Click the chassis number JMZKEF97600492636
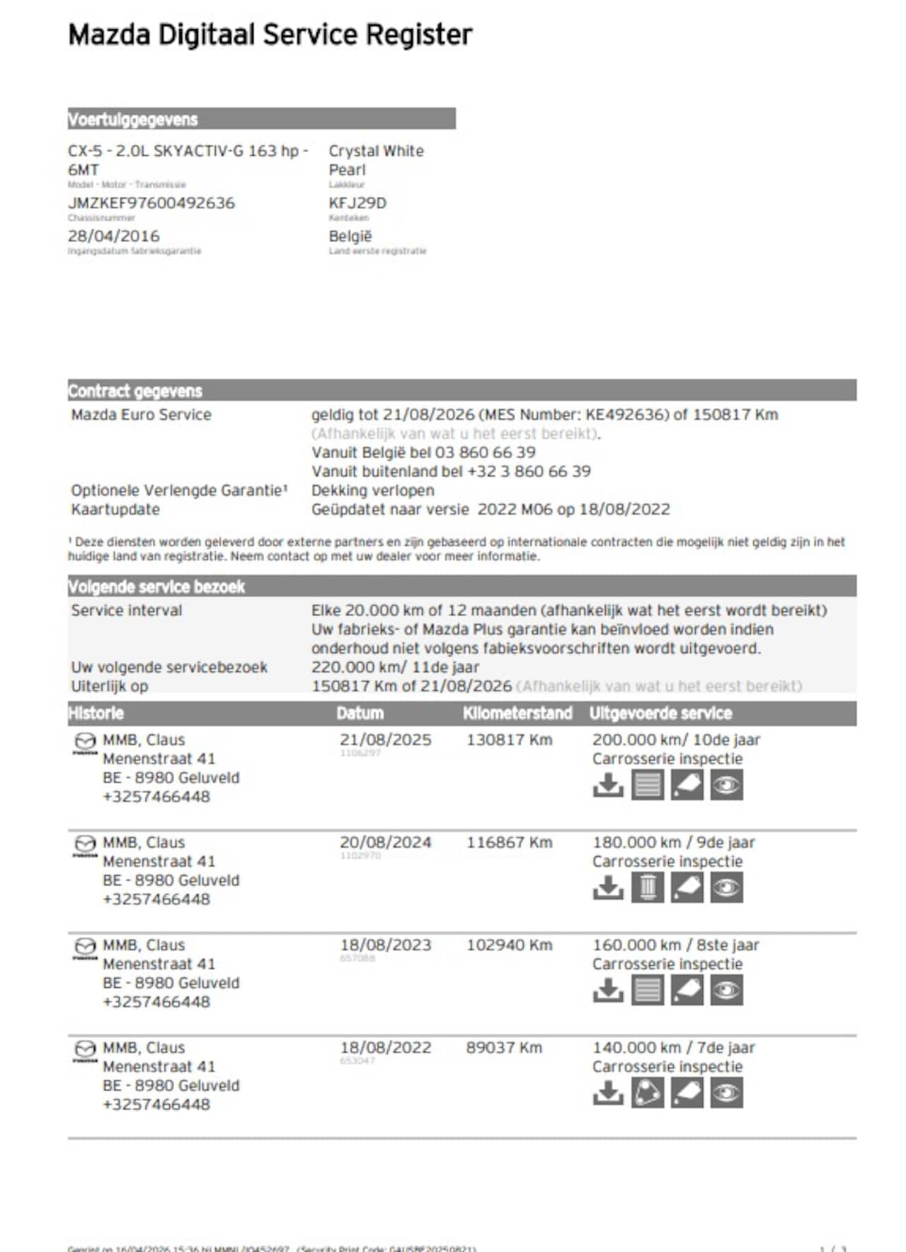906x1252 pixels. tap(151, 203)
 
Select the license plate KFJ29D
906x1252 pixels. tap(357, 203)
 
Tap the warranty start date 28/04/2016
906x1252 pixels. tap(114, 236)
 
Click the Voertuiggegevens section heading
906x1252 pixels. tap(133, 120)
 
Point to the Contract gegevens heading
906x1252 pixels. tap(135, 391)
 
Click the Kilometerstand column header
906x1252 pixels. tap(517, 713)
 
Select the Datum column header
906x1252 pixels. tap(360, 713)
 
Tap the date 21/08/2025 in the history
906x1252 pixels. tap(385, 739)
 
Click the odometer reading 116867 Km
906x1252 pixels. tap(509, 842)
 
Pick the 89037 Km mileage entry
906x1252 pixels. tap(504, 1047)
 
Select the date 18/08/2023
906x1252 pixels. tap(385, 945)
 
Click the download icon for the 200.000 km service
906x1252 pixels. tap(608, 785)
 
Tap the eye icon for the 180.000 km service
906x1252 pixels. tap(726, 888)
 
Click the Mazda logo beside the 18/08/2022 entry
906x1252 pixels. tap(85, 1049)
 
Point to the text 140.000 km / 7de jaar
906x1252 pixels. tap(673, 1047)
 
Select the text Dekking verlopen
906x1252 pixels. tap(372, 490)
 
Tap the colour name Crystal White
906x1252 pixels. tap(376, 151)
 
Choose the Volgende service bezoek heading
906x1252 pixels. tap(156, 586)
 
